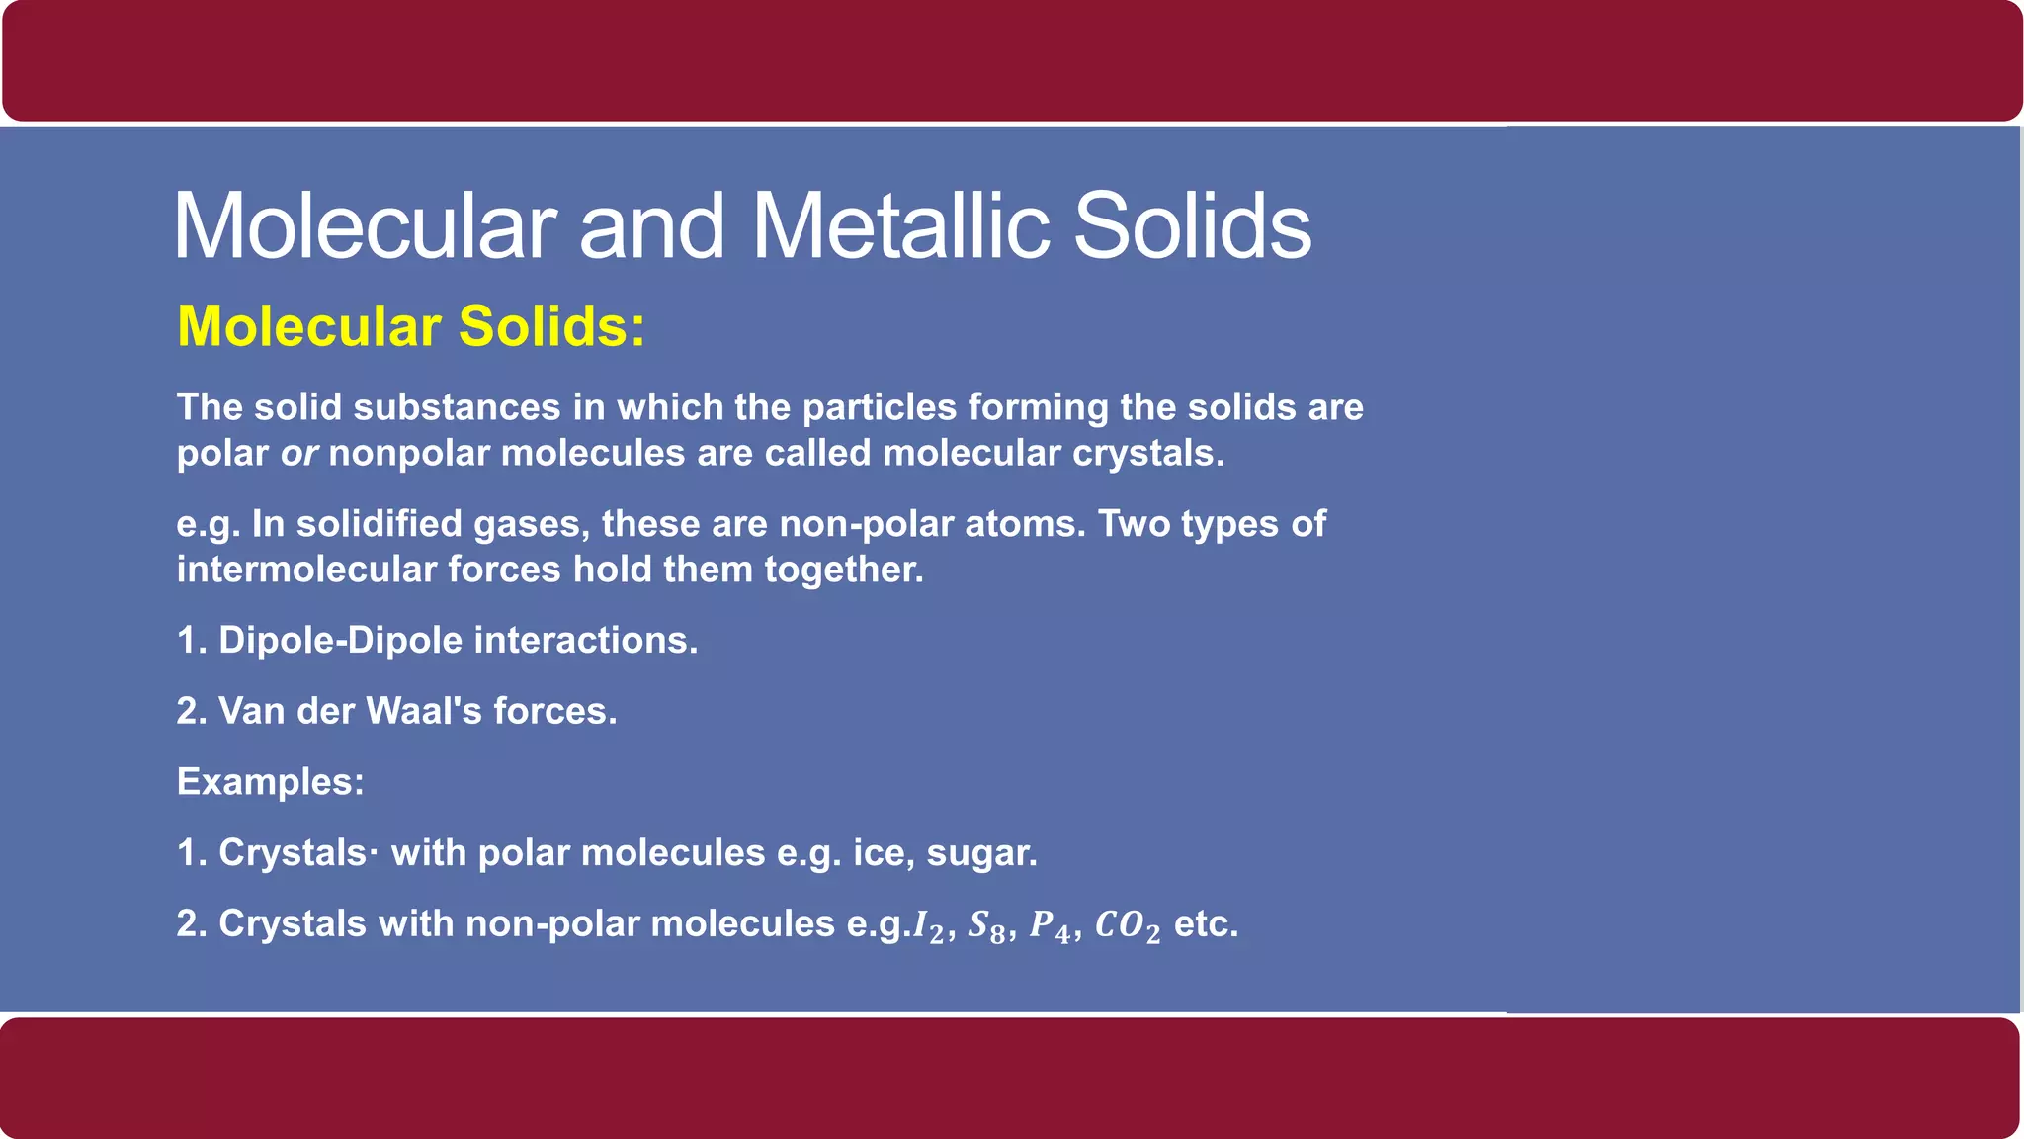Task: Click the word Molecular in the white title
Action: click(365, 225)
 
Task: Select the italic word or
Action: click(298, 453)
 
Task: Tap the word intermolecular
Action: click(306, 569)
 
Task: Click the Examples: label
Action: click(271, 782)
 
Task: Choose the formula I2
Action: click(929, 925)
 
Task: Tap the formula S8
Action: click(987, 925)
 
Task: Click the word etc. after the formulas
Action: click(1206, 924)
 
